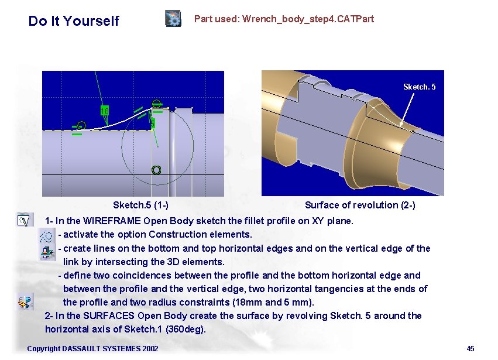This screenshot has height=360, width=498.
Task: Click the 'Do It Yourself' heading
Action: pos(74,21)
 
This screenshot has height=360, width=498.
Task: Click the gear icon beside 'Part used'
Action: pos(173,18)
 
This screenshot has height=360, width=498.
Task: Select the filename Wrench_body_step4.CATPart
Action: pos(308,19)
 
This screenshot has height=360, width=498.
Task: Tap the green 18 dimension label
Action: pos(105,111)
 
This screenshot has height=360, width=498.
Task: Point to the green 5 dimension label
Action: pos(153,124)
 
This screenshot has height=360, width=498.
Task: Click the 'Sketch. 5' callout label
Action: pos(419,87)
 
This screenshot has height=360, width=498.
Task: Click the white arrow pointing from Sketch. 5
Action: pos(407,109)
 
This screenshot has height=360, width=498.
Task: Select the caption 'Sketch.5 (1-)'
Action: pos(140,205)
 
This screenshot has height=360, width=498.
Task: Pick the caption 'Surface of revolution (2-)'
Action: pos(360,205)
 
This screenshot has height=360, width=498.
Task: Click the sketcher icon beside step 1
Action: pos(25,220)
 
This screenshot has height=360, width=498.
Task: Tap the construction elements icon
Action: pos(46,236)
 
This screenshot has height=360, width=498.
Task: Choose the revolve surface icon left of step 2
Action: pos(25,301)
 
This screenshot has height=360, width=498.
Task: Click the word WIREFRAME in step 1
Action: pos(112,221)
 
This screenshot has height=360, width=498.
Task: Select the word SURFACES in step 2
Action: pos(109,316)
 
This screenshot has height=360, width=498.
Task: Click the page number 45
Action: pos(470,348)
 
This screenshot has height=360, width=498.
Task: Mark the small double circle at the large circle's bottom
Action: pos(156,170)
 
